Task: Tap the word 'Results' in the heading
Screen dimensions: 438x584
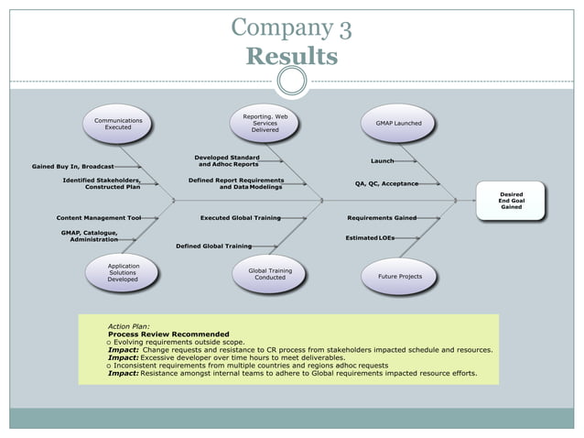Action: click(291, 57)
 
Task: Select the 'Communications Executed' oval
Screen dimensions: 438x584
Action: click(118, 124)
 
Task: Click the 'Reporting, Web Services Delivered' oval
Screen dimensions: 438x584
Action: click(265, 123)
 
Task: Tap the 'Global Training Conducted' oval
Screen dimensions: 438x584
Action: click(269, 274)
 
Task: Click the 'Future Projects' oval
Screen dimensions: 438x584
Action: click(399, 275)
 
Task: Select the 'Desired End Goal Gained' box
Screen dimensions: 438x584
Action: click(511, 200)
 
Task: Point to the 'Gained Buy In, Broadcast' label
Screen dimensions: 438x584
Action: click(72, 167)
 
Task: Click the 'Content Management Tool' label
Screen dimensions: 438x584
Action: click(99, 218)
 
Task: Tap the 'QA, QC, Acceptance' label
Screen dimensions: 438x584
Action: click(386, 183)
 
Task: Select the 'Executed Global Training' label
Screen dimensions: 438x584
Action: click(240, 218)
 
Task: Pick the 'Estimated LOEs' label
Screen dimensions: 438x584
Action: click(370, 237)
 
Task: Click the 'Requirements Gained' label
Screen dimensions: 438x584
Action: click(382, 218)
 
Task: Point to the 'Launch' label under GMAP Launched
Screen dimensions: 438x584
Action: click(382, 161)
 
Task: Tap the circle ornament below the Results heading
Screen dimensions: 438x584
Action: click(291, 82)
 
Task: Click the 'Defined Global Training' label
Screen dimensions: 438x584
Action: click(213, 246)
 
